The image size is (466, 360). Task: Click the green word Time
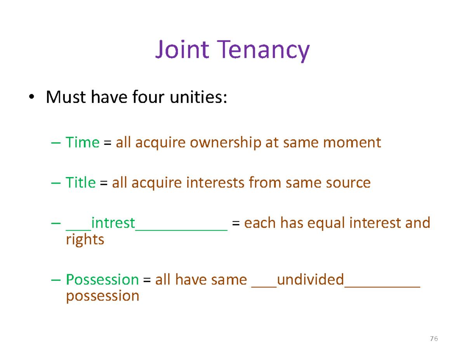(82, 143)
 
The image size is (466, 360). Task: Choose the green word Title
(80, 182)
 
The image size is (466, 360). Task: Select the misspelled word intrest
(113, 223)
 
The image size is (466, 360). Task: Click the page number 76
(434, 339)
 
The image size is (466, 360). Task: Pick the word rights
(85, 240)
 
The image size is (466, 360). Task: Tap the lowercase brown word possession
(103, 296)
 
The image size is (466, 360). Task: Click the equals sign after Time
(108, 143)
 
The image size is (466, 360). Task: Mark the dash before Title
(56, 183)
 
